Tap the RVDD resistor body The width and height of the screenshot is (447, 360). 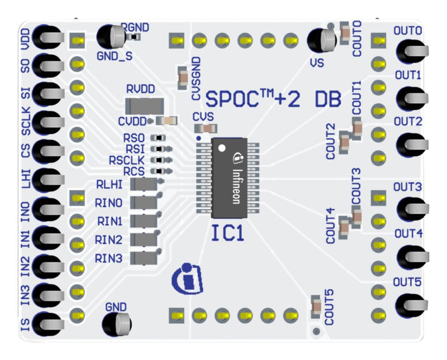145,105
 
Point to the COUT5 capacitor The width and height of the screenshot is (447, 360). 316,305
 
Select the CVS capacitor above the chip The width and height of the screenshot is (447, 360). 207,128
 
